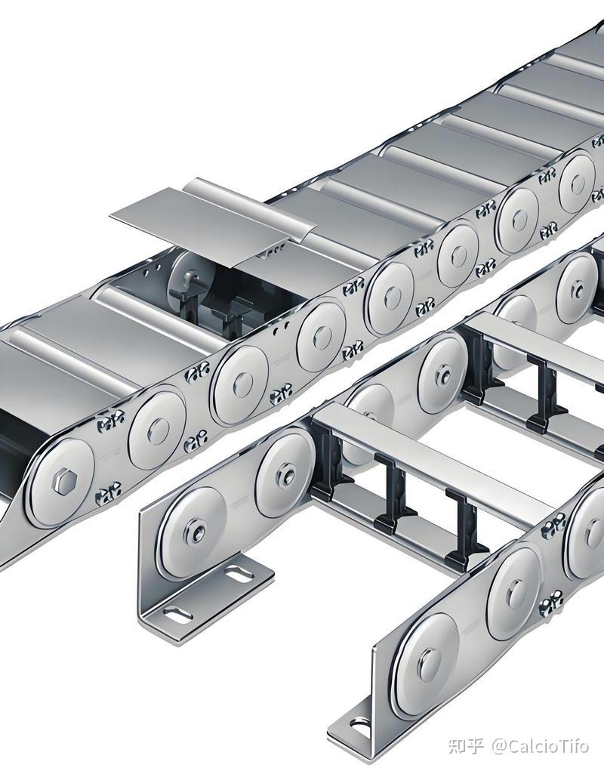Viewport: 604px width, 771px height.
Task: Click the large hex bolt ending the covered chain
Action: click(63, 482)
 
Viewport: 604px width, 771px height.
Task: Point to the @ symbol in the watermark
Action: click(498, 746)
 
